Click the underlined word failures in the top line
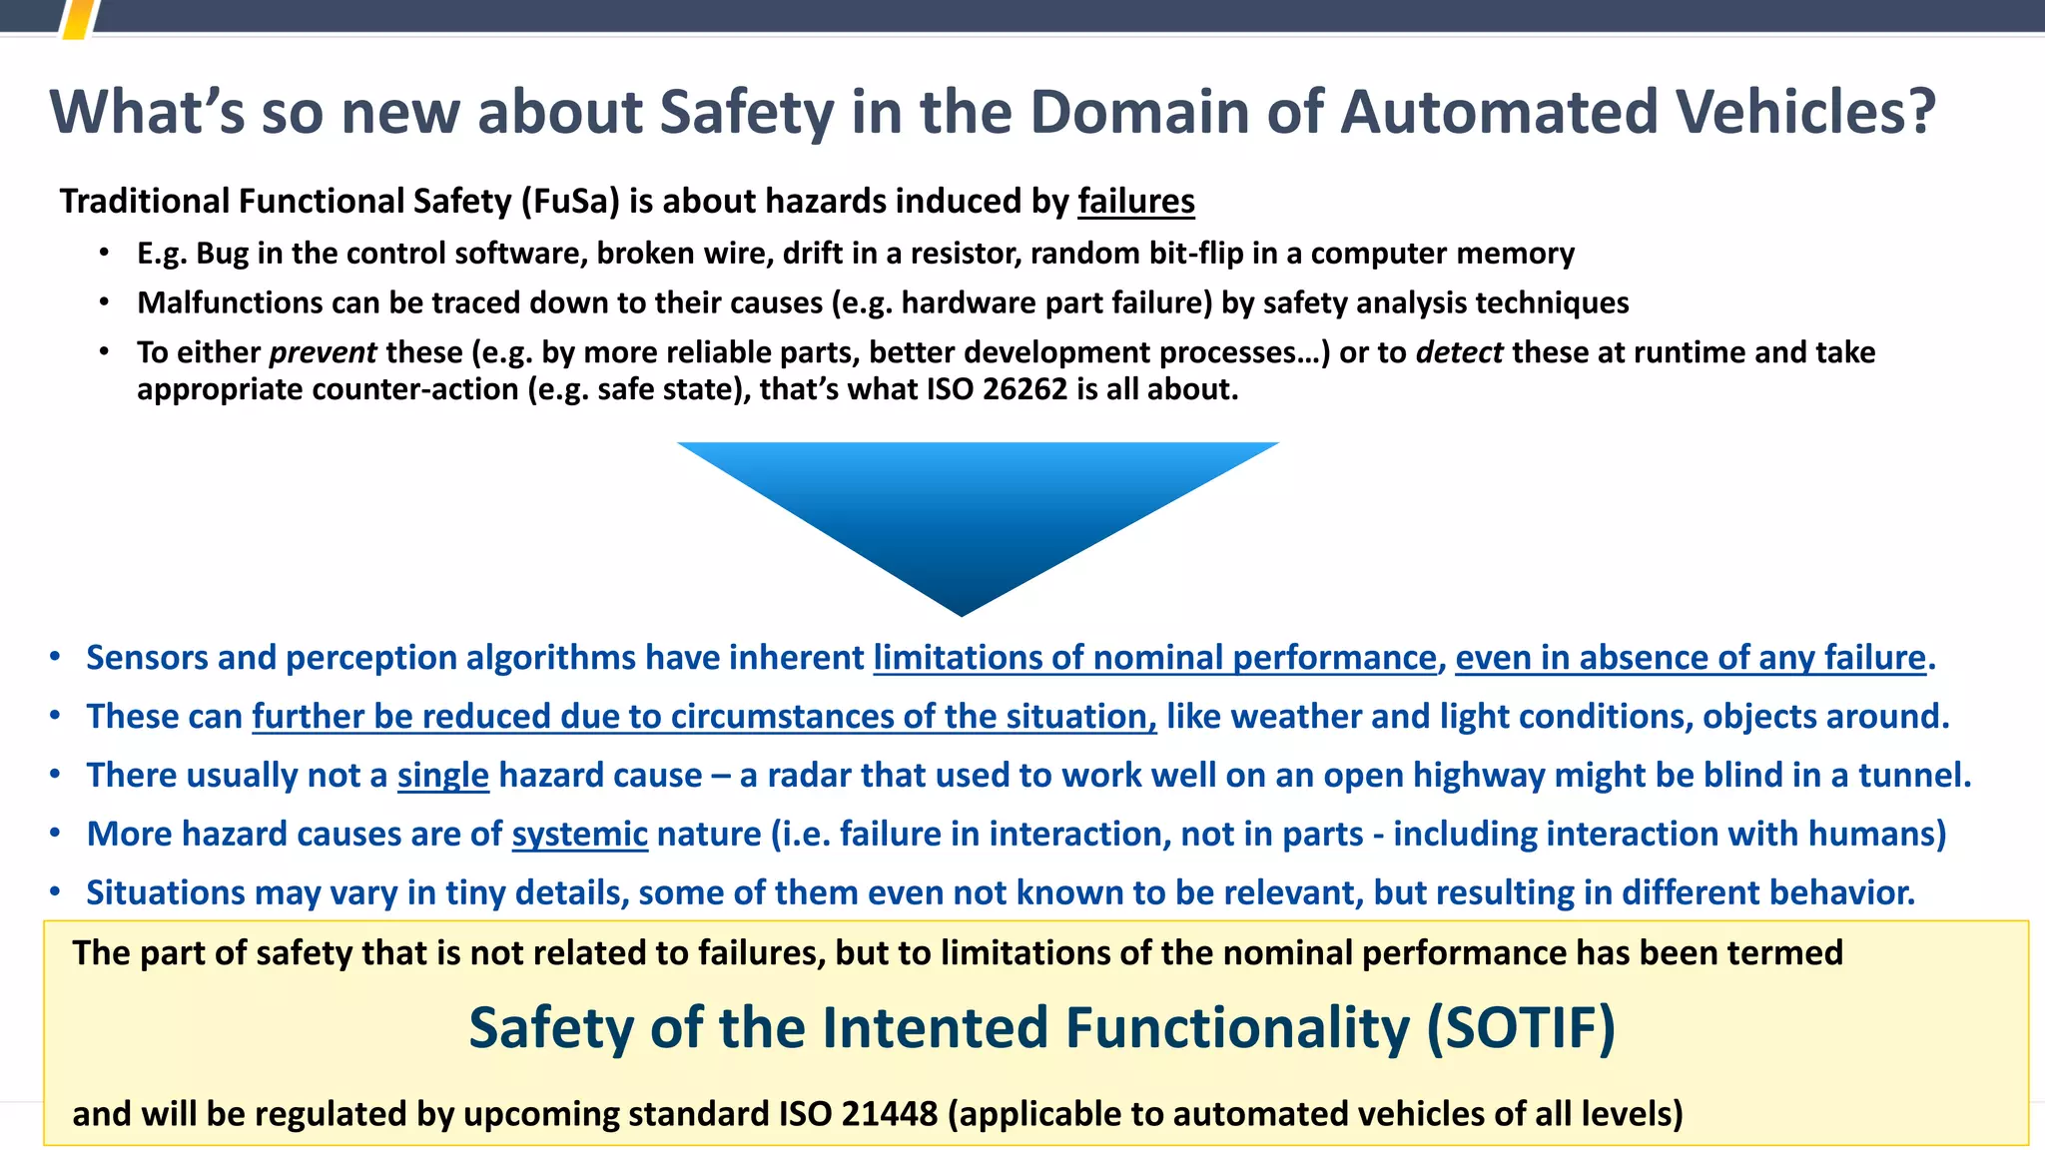pos(1135,202)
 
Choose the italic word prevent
pos(323,352)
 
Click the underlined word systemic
pos(579,834)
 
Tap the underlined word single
pos(442,776)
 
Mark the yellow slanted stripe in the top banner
pos(79,18)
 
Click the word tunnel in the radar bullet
pos(1909,776)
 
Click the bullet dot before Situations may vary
pos(56,891)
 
